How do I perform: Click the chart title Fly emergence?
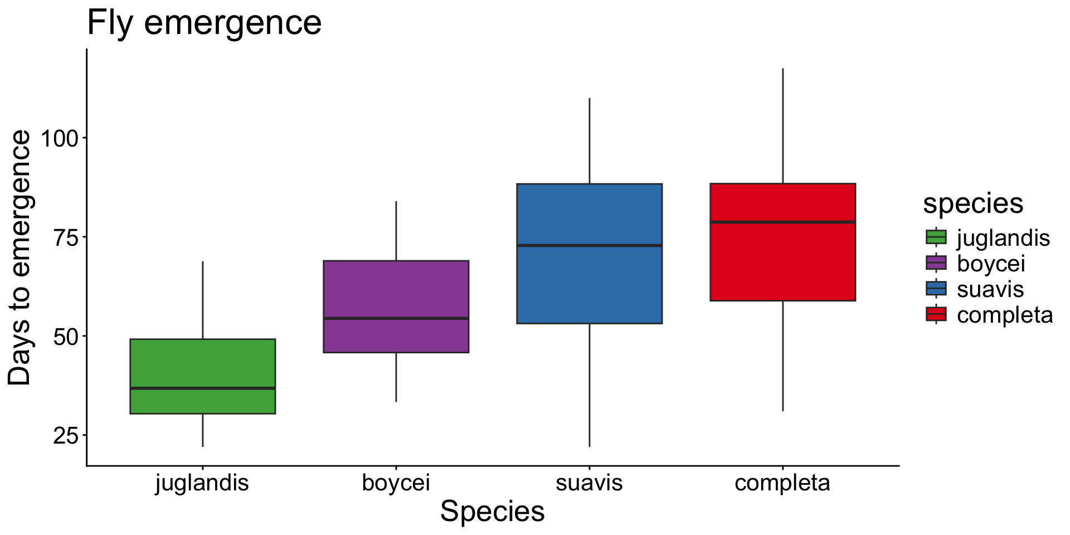point(204,23)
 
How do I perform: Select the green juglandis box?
point(202,362)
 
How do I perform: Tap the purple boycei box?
point(396,290)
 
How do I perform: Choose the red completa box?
point(782,262)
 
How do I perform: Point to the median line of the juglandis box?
point(202,388)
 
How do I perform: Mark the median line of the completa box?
point(782,222)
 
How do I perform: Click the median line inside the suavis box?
point(589,245)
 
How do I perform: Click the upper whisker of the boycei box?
point(396,231)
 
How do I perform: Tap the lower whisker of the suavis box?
point(590,385)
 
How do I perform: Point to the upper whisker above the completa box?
point(783,125)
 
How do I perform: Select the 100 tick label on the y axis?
point(60,138)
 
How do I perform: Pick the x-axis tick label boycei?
point(396,483)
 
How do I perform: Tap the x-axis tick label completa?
point(782,483)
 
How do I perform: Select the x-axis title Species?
point(492,512)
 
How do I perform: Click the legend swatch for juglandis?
point(936,237)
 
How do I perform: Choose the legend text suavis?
point(990,289)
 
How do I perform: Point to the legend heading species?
point(973,204)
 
